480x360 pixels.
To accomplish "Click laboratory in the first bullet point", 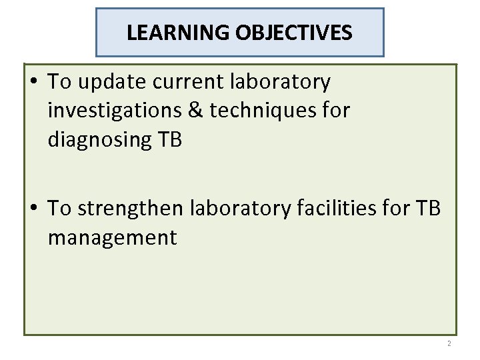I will (281, 82).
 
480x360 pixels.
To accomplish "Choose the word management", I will (112, 238).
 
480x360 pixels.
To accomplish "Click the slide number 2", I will (449, 343).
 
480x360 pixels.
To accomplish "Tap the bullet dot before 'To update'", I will (33, 82).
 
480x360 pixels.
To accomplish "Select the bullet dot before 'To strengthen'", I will (33, 209).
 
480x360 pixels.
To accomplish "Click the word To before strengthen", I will (60, 209).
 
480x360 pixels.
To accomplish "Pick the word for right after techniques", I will (335, 111).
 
